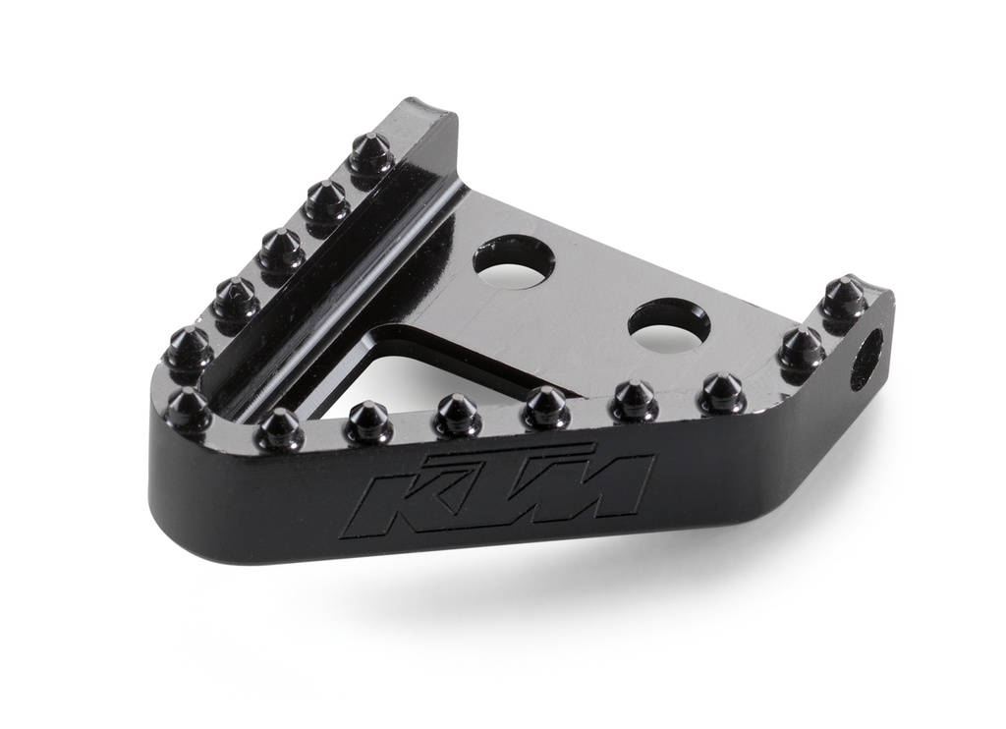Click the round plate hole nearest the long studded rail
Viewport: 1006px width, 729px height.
(514, 260)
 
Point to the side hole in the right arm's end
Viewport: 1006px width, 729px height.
(866, 358)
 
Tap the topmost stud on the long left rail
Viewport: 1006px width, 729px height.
(371, 153)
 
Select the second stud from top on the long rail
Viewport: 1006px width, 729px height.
(326, 201)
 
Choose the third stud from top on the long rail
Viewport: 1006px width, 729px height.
(282, 249)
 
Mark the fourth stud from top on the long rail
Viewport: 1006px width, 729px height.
(236, 298)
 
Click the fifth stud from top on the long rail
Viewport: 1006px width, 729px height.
(188, 348)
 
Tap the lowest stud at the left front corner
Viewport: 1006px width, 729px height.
(188, 408)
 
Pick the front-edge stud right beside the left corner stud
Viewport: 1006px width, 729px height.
(279, 428)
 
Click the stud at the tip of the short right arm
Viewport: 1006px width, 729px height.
(844, 297)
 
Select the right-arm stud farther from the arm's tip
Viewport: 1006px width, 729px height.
(801, 347)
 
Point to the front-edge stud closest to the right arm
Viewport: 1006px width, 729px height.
(722, 393)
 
